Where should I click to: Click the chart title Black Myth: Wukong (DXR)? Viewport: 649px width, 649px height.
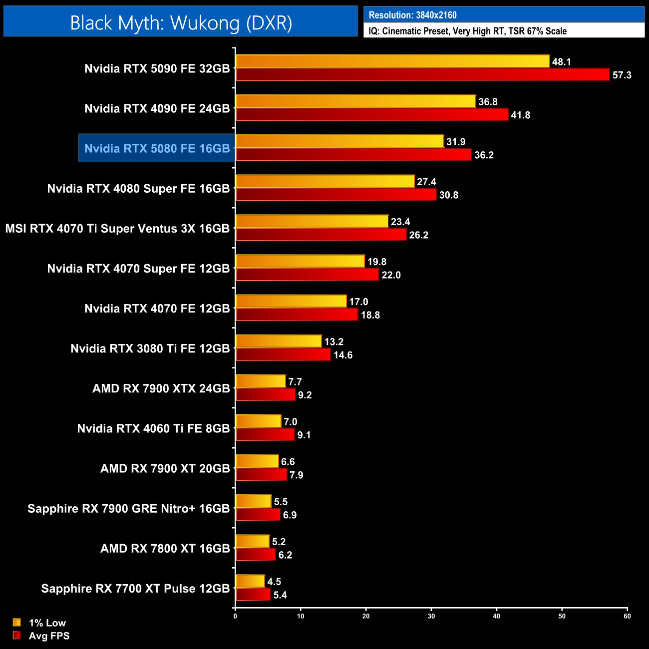181,23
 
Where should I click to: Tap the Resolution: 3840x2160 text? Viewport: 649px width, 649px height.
412,15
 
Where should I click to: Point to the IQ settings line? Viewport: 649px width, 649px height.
467,31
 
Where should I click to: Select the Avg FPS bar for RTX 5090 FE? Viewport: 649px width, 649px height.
422,75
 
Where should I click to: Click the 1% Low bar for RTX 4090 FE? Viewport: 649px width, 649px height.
355,101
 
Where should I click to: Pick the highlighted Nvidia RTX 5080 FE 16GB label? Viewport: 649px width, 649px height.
157,148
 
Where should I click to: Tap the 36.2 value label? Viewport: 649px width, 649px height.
484,155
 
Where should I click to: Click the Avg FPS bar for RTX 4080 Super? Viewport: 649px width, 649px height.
336,195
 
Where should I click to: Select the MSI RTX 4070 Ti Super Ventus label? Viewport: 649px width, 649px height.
117,229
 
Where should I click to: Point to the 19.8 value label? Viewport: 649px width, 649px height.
377,262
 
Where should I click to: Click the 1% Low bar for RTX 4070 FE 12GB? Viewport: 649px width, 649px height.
291,301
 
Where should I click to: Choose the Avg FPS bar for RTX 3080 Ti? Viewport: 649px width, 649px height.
283,355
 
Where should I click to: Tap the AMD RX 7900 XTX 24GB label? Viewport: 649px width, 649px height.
161,388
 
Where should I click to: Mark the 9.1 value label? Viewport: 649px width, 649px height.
304,435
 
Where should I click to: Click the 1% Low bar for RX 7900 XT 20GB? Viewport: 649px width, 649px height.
257,461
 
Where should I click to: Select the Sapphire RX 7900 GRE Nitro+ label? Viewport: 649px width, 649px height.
128,508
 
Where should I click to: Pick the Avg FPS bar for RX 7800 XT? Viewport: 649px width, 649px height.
256,555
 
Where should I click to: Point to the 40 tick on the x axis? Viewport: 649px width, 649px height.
496,616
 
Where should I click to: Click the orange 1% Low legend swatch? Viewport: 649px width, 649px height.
17,623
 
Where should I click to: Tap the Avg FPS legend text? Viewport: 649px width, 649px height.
49,636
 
